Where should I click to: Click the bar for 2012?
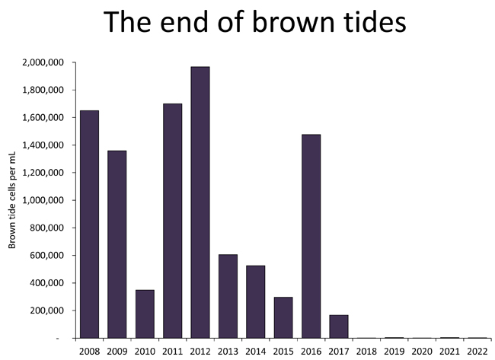[x=200, y=202]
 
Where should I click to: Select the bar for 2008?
[x=89, y=225]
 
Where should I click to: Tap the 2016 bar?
[x=311, y=236]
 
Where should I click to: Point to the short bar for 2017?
[x=339, y=327]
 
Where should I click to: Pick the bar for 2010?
[x=145, y=314]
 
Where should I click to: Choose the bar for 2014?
[x=256, y=302]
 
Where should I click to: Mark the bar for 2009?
[x=117, y=244]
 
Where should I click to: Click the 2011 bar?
[x=173, y=221]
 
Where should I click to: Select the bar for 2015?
[x=283, y=317]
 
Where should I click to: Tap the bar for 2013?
[x=228, y=296]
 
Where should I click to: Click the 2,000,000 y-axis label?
[x=43, y=62]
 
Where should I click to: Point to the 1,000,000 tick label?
[x=43, y=201]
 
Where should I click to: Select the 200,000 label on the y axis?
[x=46, y=311]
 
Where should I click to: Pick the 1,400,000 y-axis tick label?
[x=43, y=145]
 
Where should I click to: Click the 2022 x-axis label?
[x=477, y=351]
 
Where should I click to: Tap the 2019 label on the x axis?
[x=394, y=351]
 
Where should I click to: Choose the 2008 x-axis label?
[x=89, y=351]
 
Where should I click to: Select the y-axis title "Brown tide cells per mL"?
[x=12, y=200]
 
